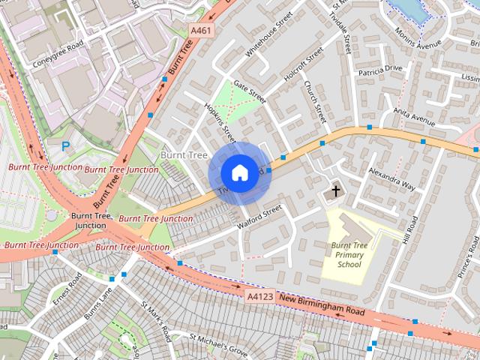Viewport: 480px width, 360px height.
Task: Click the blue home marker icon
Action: [x=238, y=173]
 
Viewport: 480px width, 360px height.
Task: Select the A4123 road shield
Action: [x=260, y=298]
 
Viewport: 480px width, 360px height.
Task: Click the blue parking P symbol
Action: [x=65, y=146]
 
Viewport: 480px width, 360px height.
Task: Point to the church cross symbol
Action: [x=335, y=191]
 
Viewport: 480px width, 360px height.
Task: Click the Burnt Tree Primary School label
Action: [x=349, y=254]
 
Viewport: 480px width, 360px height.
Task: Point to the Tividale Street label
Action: [x=346, y=34]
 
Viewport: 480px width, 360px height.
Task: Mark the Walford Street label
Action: [x=258, y=217]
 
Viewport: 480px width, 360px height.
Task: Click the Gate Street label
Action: [x=250, y=92]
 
